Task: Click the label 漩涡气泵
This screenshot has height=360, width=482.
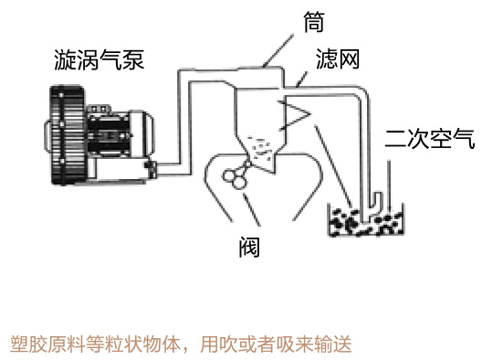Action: tap(99, 59)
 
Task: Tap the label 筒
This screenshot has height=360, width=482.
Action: tap(314, 22)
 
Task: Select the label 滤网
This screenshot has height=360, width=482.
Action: tap(338, 58)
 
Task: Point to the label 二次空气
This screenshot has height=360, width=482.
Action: tap(429, 139)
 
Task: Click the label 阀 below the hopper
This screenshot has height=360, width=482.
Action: tap(249, 247)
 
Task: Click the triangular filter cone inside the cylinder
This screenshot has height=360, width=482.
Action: tap(295, 115)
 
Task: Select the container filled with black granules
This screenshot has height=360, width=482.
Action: tap(365, 219)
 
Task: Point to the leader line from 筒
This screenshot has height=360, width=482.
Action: tap(278, 51)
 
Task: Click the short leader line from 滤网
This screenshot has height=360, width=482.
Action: tap(301, 79)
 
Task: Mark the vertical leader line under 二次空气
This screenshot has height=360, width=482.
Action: tap(389, 185)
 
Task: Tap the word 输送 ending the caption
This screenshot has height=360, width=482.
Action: tap(333, 344)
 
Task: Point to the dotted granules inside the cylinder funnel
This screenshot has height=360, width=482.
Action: tap(260, 148)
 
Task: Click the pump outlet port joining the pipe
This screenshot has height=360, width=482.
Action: tap(151, 168)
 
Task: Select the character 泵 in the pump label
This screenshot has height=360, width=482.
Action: tap(133, 59)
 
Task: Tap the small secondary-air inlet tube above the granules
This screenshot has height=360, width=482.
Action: tap(377, 202)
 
